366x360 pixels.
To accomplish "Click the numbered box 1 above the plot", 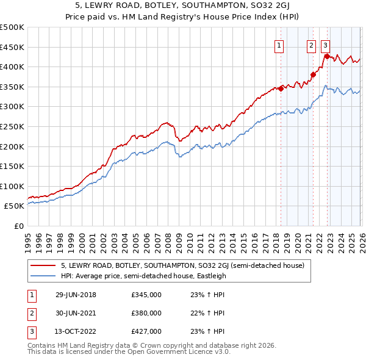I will coord(279,45).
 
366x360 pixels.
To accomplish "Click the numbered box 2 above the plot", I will coord(311,45).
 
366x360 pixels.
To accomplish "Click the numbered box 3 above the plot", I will coord(326,45).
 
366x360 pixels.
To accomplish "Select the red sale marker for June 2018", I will coord(281,88).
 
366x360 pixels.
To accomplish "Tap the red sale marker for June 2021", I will coord(313,75).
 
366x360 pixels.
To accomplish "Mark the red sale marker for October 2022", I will coord(327,56).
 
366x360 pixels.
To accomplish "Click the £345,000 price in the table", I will coord(146,295).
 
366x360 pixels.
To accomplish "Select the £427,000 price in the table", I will coord(146,331).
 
